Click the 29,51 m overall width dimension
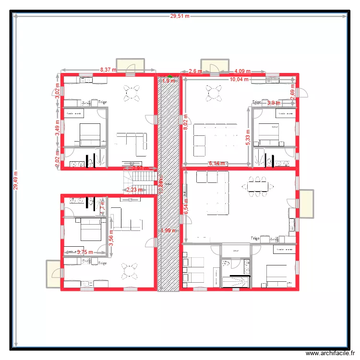click(180, 16)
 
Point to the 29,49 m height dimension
click(16, 180)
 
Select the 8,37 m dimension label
click(108, 70)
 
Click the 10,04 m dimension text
click(239, 79)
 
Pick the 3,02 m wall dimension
click(58, 91)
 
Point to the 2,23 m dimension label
click(134, 190)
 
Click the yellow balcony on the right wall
click(306, 204)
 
